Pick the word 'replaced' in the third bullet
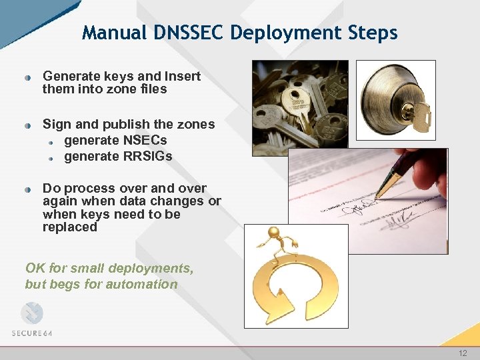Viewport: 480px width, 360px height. coord(70,227)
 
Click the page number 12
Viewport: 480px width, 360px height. coord(463,353)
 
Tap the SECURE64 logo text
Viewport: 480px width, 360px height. coord(32,333)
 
